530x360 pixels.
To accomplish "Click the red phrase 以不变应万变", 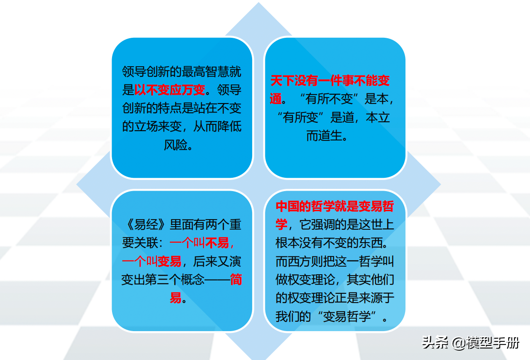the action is tap(170, 90).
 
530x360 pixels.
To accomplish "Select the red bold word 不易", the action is tap(217, 243).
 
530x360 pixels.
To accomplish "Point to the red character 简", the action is tap(236, 280).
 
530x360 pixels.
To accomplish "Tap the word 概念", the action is tap(193, 280).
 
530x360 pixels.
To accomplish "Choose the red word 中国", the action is tap(288, 206).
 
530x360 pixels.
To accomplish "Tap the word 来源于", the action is tap(377, 298).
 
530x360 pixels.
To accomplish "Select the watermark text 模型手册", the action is tap(493, 343).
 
